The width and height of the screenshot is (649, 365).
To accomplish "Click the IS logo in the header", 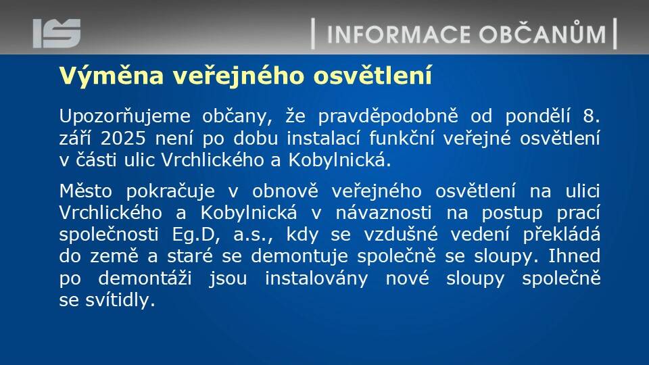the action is point(57,33).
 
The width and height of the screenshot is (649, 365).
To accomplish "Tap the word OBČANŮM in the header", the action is point(543,32).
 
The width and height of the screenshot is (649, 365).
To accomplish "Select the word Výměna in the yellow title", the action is point(112,76).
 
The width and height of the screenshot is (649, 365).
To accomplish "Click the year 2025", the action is point(123,138).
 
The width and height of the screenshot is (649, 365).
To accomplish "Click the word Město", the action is point(86,191).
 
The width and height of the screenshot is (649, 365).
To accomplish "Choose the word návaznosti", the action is point(383,213).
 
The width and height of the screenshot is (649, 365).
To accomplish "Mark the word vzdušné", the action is point(401,235).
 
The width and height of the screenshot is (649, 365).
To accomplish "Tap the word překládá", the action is point(561,235).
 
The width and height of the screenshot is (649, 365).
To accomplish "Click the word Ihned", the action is point(574,255).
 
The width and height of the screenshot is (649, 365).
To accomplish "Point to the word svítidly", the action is point(120,300).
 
